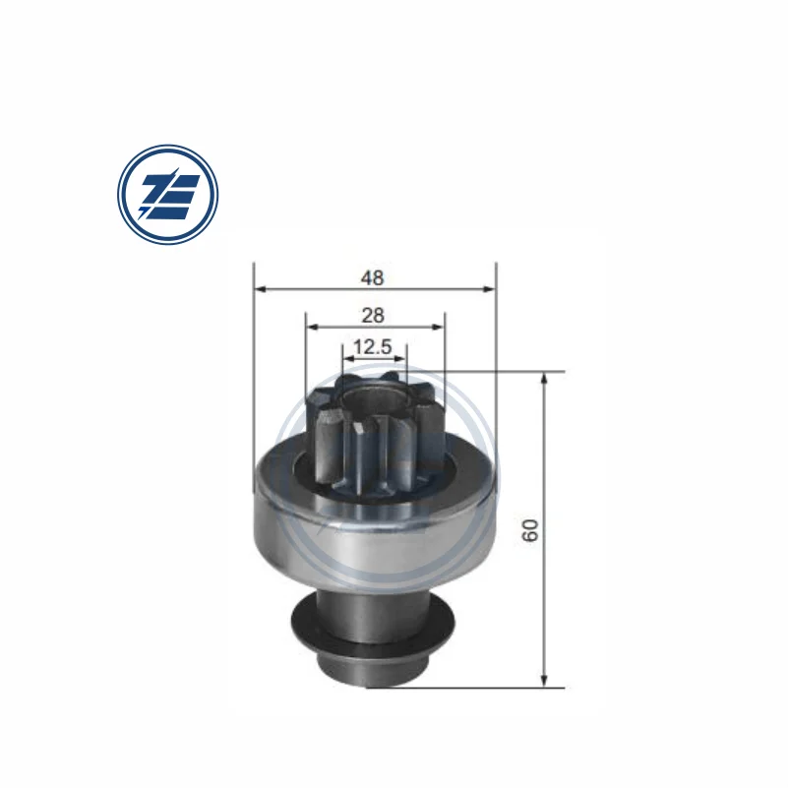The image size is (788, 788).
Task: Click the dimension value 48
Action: [372, 277]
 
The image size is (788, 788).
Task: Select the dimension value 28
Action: [372, 315]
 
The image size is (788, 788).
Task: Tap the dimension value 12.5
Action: [373, 346]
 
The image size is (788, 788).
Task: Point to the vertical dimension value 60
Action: [531, 530]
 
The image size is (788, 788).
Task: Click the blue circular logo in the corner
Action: [167, 194]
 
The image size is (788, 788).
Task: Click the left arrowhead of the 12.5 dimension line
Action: [347, 358]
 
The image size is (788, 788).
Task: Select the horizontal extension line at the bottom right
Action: [492, 688]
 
